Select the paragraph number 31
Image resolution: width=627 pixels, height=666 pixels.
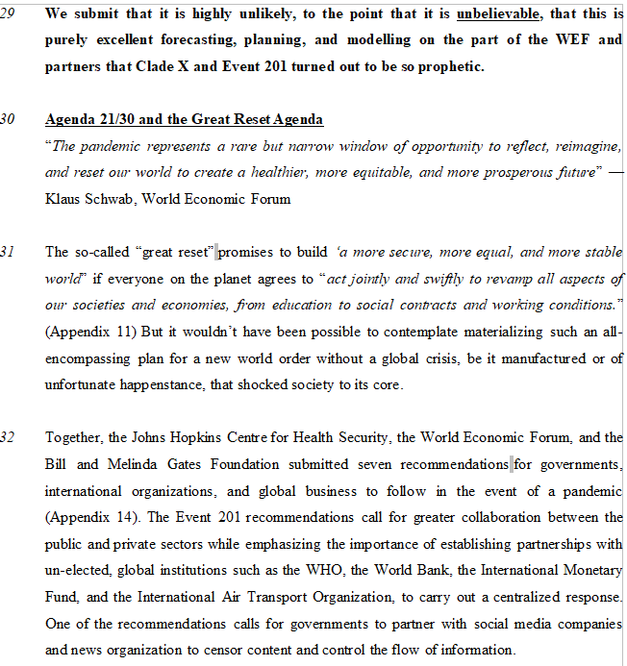(x=8, y=253)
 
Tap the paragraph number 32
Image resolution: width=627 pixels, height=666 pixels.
(x=8, y=438)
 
